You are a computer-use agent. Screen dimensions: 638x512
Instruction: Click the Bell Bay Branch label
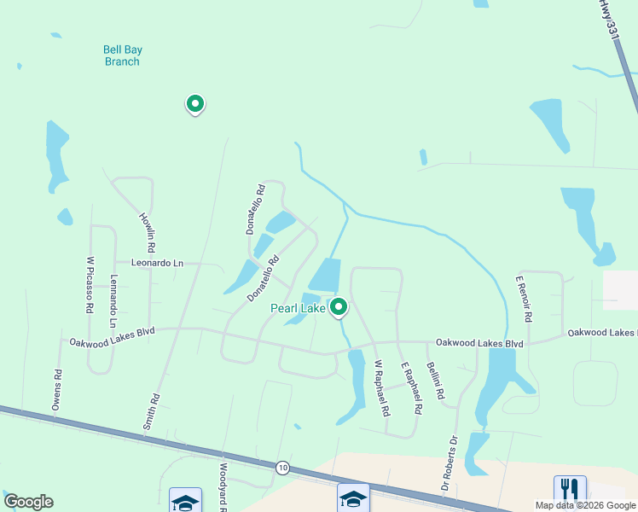[123, 55]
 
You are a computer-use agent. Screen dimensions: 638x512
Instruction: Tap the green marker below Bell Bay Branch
[195, 104]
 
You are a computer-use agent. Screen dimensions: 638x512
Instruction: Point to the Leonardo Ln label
[157, 264]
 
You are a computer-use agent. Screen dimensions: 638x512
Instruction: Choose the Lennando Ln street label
[113, 301]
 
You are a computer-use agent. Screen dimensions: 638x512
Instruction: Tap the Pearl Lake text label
[298, 308]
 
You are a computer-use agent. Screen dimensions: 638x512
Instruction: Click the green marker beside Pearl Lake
[339, 306]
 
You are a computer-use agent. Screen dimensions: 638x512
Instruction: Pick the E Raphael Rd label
[412, 388]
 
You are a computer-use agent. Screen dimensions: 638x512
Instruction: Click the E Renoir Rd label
[523, 299]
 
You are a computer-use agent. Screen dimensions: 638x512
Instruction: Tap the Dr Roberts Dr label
[449, 463]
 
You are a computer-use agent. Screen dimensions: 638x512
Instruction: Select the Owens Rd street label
[57, 391]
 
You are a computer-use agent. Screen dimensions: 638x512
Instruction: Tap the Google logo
[28, 502]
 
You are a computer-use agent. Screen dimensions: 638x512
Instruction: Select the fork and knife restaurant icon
[570, 490]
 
